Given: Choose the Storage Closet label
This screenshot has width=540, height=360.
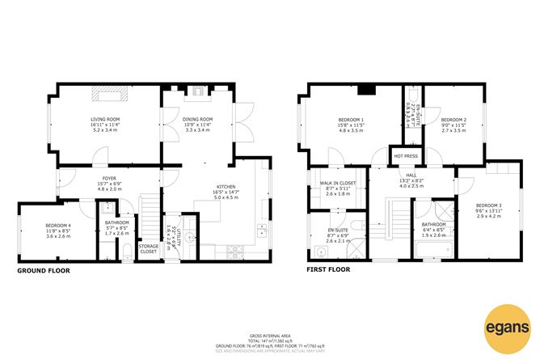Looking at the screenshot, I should (x=148, y=248).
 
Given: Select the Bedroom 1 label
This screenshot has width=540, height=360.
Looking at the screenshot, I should (x=351, y=121).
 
